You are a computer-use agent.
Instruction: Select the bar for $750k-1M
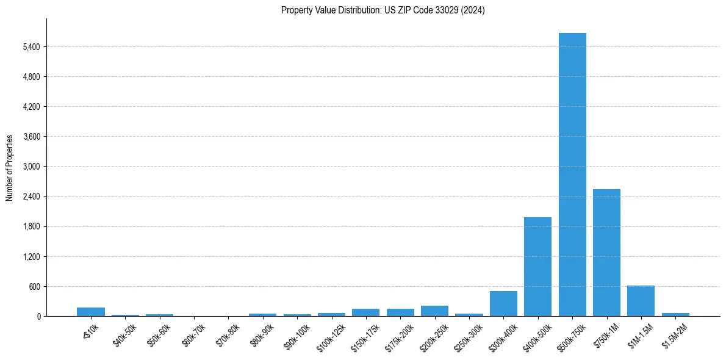(606, 253)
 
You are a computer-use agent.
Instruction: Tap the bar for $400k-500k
(537, 267)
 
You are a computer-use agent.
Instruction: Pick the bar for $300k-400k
(503, 304)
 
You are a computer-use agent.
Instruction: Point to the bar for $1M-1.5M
(641, 301)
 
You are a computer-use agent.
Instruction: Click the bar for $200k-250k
(434, 311)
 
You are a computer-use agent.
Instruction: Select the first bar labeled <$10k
(91, 312)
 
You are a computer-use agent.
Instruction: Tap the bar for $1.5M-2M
(675, 314)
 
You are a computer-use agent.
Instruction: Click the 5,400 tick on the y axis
(31, 47)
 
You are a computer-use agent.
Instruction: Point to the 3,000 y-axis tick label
(31, 167)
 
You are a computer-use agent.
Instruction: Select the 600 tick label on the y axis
(34, 287)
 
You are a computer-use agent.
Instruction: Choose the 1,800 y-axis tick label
(31, 227)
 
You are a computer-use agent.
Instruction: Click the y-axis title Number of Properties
(10, 167)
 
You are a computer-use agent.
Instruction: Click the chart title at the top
(383, 10)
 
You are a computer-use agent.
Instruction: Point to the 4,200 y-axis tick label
(31, 107)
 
